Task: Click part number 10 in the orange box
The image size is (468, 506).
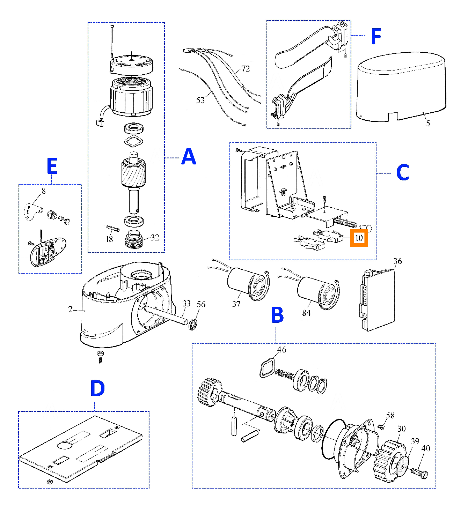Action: [x=359, y=238]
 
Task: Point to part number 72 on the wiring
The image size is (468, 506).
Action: [x=246, y=68]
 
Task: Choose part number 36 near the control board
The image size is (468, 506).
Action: [x=397, y=261]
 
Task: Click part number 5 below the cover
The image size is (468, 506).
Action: [x=428, y=123]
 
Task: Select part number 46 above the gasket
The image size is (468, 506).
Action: [x=281, y=349]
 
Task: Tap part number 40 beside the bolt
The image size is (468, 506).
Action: [x=426, y=448]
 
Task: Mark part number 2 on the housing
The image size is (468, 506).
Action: [x=71, y=309]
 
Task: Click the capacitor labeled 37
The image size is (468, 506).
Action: [x=246, y=283]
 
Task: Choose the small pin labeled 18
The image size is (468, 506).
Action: [x=113, y=228]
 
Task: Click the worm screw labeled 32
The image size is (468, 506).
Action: [x=134, y=239]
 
